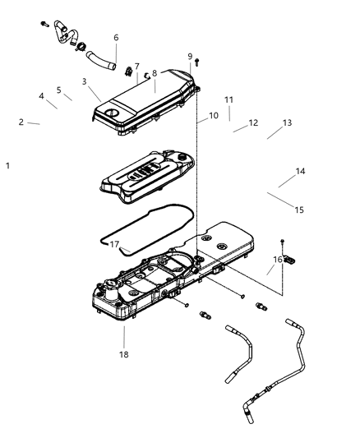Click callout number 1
(7, 165)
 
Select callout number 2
(21, 122)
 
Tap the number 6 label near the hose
(116, 38)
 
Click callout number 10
(214, 116)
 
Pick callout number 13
(287, 122)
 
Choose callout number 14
(301, 171)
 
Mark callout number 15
(299, 210)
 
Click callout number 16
(279, 260)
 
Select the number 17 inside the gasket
(115, 244)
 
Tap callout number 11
(229, 99)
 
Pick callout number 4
(41, 96)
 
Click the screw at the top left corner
(42, 25)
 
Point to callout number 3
(85, 81)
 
